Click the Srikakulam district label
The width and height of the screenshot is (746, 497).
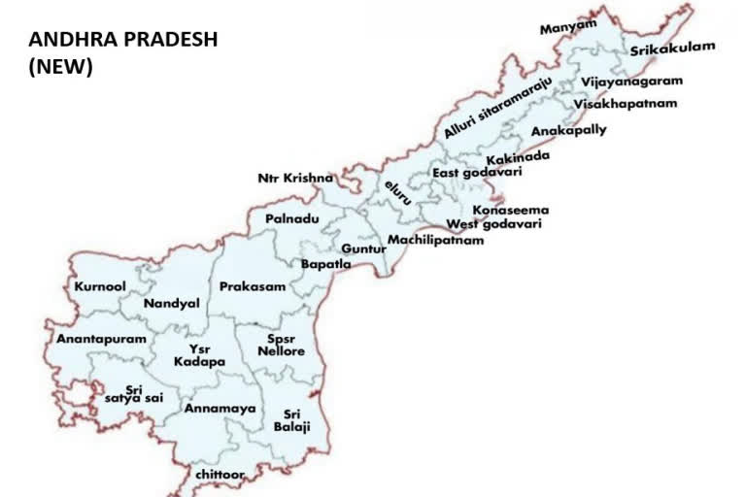tap(672, 48)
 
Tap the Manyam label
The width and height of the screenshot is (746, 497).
tap(568, 26)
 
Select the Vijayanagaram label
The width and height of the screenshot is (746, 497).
tap(632, 82)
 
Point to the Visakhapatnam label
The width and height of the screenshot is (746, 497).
tap(625, 104)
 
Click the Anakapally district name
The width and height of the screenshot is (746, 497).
tap(568, 130)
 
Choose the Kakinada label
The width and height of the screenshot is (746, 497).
tap(519, 156)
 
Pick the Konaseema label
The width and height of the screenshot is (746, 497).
tap(511, 210)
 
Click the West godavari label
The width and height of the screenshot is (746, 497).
tap(493, 224)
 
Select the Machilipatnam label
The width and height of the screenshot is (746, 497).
tap(435, 240)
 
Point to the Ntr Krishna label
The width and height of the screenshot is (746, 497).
tap(295, 179)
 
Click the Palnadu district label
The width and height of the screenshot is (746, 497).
tap(292, 220)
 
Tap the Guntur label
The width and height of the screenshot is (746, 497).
tap(363, 249)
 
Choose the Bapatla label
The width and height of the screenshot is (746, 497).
tap(325, 264)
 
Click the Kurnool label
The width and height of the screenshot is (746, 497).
tap(100, 287)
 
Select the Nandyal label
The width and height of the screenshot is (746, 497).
tap(171, 304)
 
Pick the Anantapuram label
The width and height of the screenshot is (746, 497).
tap(101, 340)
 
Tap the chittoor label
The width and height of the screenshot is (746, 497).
tap(220, 474)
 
